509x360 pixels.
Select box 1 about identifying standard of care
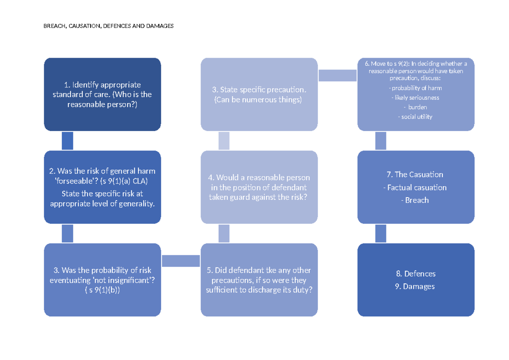click(x=103, y=95)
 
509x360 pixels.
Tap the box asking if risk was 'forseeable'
click(x=103, y=187)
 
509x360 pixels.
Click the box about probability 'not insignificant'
click(x=103, y=280)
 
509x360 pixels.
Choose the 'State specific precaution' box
click(x=259, y=95)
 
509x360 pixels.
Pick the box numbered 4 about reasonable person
click(x=259, y=187)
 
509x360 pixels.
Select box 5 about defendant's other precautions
click(x=259, y=280)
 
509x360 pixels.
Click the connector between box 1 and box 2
click(x=67, y=141)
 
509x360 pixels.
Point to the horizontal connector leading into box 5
click(x=181, y=261)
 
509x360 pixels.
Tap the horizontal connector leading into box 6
click(x=338, y=75)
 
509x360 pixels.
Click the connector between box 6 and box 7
click(x=380, y=141)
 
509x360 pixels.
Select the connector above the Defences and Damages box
click(x=380, y=234)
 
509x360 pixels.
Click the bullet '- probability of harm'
click(x=415, y=88)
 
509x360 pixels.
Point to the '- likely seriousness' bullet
click(x=415, y=98)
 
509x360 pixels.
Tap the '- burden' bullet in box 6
click(x=415, y=107)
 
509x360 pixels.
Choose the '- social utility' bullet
click(x=415, y=117)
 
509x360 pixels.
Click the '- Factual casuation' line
click(x=415, y=187)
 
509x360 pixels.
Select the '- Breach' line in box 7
click(x=415, y=200)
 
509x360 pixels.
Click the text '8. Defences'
click(x=416, y=273)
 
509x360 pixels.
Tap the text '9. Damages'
click(x=415, y=286)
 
